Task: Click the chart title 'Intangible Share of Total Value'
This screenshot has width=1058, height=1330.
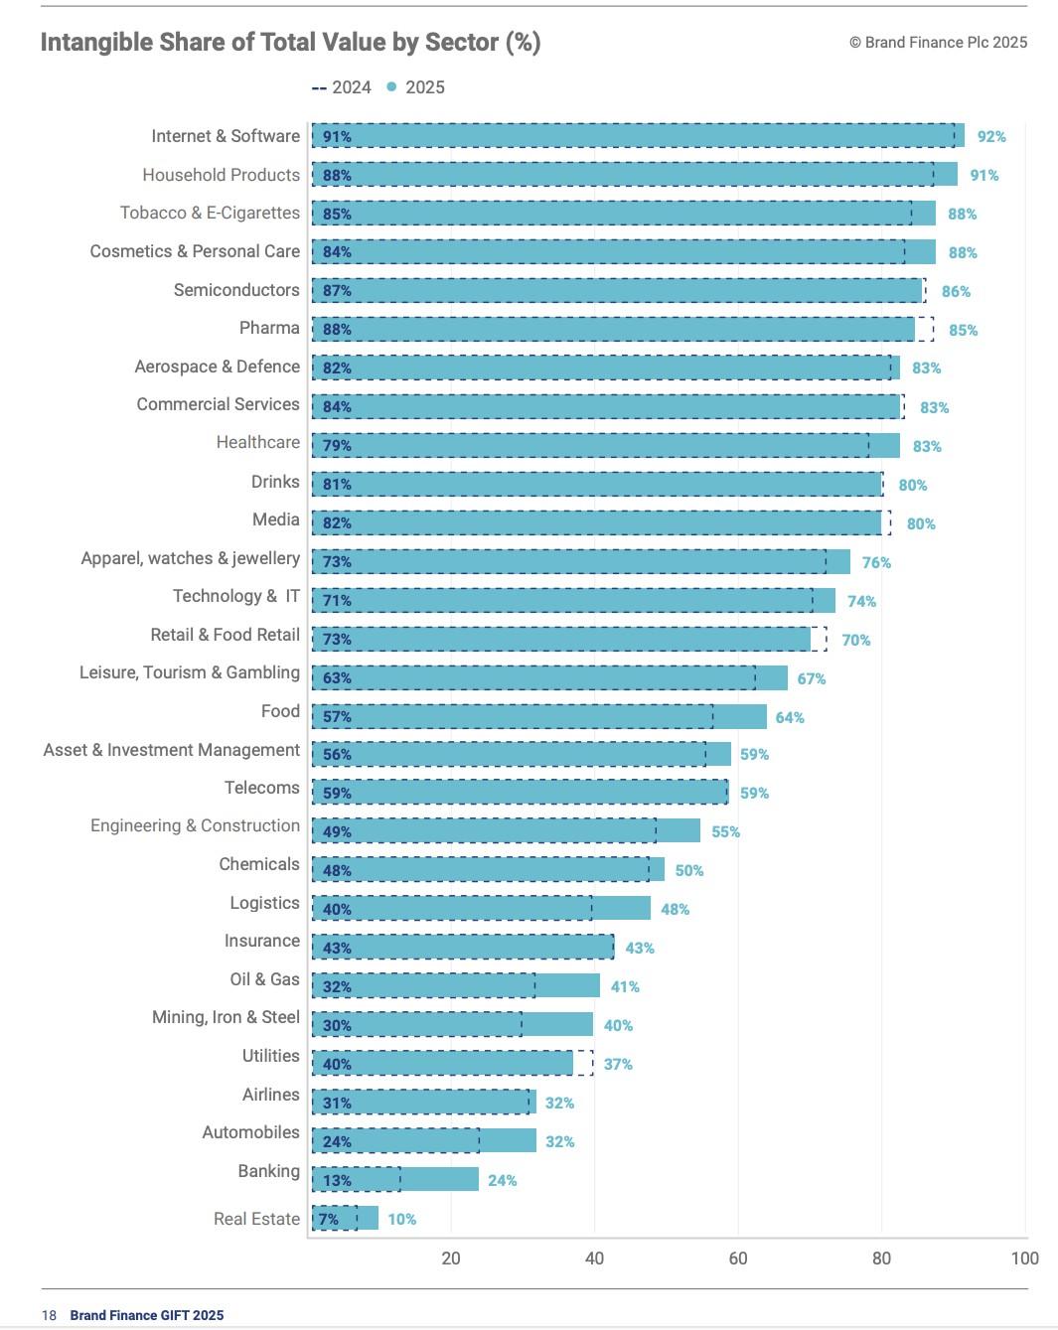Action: [x=290, y=43]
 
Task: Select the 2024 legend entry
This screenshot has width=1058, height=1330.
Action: [x=342, y=87]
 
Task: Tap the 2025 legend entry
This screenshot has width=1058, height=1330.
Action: [x=416, y=87]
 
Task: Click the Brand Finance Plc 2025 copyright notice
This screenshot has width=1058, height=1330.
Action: [x=938, y=43]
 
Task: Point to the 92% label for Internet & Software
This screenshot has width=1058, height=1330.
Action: [x=990, y=137]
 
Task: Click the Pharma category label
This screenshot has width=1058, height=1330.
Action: [x=269, y=328]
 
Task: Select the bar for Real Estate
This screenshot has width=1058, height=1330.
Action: [x=345, y=1219]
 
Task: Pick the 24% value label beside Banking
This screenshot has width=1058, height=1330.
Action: [x=502, y=1181]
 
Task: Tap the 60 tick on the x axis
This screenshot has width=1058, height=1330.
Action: [x=738, y=1258]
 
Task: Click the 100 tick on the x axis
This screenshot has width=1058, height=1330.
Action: [x=1024, y=1258]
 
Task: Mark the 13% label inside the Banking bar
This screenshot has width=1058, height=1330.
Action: [x=337, y=1181]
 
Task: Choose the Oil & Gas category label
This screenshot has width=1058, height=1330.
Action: [x=264, y=979]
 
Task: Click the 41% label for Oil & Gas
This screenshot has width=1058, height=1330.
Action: [x=625, y=987]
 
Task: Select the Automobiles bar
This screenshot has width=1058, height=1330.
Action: [x=424, y=1141]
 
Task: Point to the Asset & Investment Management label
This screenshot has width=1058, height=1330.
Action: [x=171, y=750]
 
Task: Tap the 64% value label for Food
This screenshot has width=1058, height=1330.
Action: [x=790, y=718]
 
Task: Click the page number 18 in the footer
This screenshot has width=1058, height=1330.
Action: [x=49, y=1315]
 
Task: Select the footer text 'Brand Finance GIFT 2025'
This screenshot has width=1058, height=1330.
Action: [x=147, y=1315]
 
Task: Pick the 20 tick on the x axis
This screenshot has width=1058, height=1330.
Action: [x=451, y=1258]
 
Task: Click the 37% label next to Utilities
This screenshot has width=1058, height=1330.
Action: [x=618, y=1065]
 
